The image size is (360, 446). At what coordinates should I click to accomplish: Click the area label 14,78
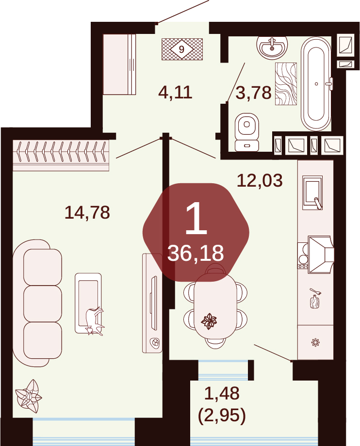pyautogui.click(x=87, y=212)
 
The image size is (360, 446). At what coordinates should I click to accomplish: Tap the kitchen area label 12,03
pyautogui.click(x=260, y=180)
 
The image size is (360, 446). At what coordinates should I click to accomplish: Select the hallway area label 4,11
pyautogui.click(x=175, y=92)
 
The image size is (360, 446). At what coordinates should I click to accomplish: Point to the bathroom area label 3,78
pyautogui.click(x=253, y=93)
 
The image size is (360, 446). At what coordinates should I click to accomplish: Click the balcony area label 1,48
pyautogui.click(x=222, y=393)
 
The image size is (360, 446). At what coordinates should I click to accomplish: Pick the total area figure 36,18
pyautogui.click(x=196, y=253)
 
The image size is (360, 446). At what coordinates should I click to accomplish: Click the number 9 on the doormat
pyautogui.click(x=181, y=49)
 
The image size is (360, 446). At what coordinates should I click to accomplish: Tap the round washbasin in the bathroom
pyautogui.click(x=272, y=47)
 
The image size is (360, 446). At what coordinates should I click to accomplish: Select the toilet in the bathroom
pyautogui.click(x=247, y=132)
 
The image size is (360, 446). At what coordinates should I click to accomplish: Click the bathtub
pyautogui.click(x=316, y=83)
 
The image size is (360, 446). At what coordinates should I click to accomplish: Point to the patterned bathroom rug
pyautogui.click(x=286, y=83)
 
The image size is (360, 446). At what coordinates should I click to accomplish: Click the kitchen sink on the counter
pyautogui.click(x=312, y=192)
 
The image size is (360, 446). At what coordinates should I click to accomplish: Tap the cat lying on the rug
pyautogui.click(x=95, y=321)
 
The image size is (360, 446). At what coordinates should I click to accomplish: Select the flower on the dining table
pyautogui.click(x=209, y=321)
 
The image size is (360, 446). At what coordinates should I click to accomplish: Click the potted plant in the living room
pyautogui.click(x=28, y=396)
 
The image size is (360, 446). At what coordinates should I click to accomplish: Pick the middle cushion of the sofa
pyautogui.click(x=43, y=303)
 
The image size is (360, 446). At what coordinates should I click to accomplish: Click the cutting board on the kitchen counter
pyautogui.click(x=314, y=302)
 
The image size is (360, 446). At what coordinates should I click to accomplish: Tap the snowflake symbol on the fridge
pyautogui.click(x=315, y=342)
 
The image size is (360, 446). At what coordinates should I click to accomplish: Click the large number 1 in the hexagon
pyautogui.click(x=196, y=219)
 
